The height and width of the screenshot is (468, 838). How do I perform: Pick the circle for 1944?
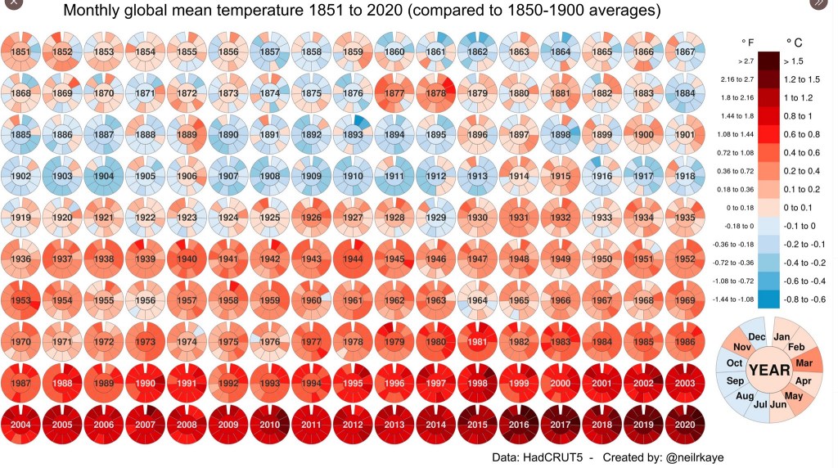click(x=353, y=259)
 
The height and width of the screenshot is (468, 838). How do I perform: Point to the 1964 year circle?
click(x=478, y=301)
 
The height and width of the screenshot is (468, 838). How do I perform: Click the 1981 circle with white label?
click(x=478, y=343)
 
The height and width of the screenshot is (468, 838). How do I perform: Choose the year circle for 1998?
click(x=478, y=385)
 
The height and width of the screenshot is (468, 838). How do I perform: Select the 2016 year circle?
click(x=520, y=426)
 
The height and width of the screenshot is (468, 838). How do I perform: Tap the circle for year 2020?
click(x=686, y=426)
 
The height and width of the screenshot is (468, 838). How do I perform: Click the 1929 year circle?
click(x=436, y=218)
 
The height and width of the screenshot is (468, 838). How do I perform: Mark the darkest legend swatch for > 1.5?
click(x=768, y=61)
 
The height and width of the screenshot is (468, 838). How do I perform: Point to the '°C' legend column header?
click(x=795, y=42)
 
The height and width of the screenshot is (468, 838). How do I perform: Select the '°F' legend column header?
click(x=747, y=42)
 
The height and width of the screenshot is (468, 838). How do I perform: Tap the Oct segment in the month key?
click(x=734, y=363)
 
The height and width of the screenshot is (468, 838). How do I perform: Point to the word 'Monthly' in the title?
click(x=92, y=11)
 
